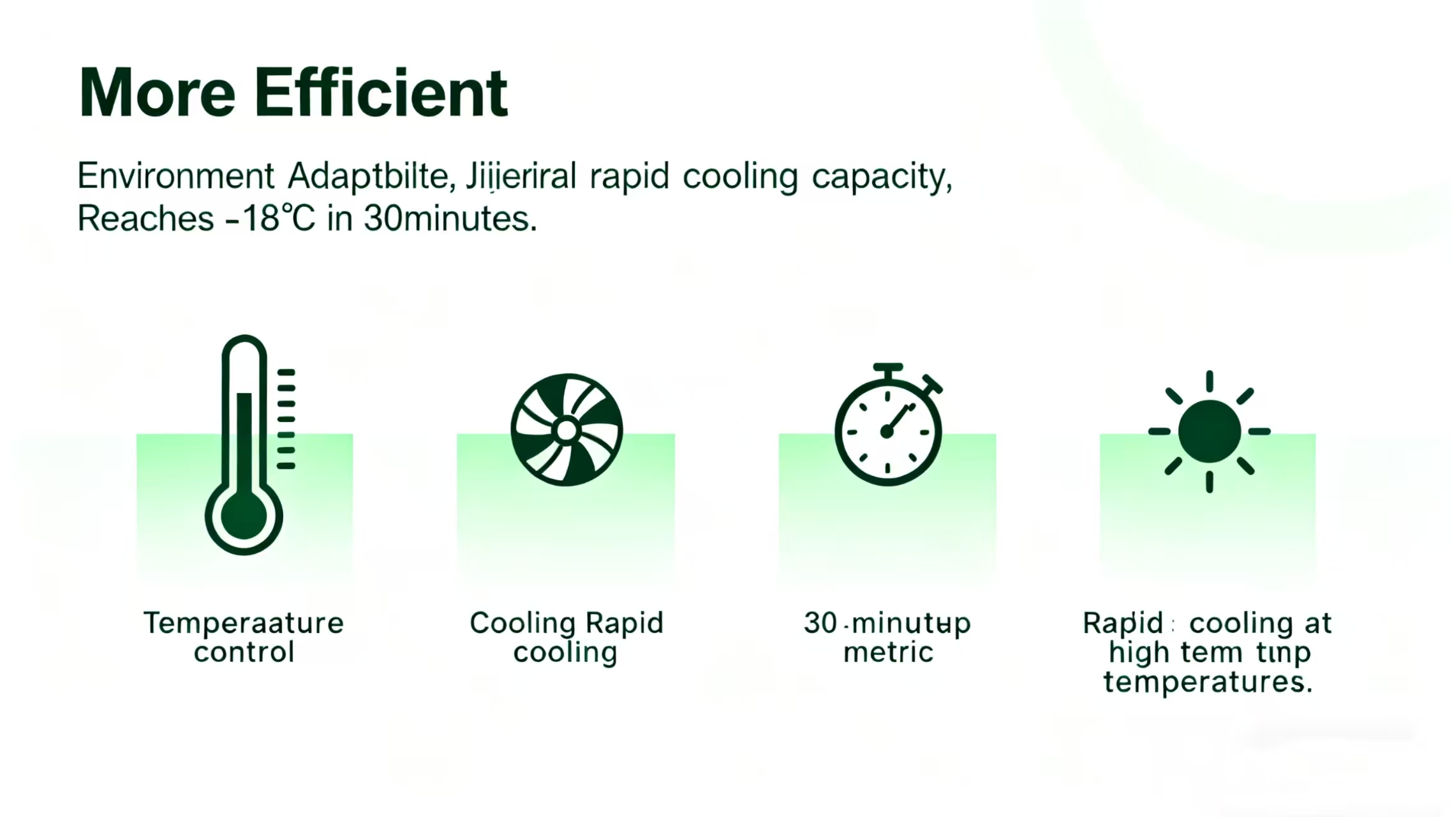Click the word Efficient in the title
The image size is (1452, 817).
(x=381, y=93)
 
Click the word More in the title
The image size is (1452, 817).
(x=157, y=93)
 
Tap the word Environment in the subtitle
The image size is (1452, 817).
(x=175, y=176)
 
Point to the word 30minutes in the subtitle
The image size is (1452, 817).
(x=449, y=219)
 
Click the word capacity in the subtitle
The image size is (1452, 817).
(x=881, y=177)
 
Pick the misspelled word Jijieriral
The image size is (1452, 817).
(x=521, y=176)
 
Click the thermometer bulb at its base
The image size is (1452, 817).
(x=244, y=514)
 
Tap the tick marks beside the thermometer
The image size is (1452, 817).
(x=286, y=419)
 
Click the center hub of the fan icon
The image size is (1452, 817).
(x=567, y=430)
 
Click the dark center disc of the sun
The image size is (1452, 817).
(x=1209, y=431)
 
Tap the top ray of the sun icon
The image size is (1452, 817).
(x=1209, y=381)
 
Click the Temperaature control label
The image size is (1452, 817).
(x=244, y=637)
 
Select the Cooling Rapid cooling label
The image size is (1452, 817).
(x=567, y=637)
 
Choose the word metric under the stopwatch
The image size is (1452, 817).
(x=888, y=652)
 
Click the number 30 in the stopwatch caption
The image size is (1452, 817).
(x=820, y=622)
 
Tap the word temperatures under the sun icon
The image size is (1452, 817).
(x=1208, y=682)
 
